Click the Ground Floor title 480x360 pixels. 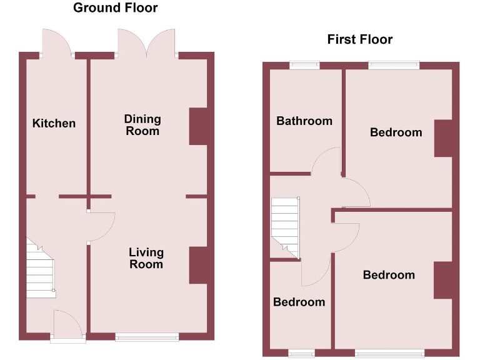(116, 8)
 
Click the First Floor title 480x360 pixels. (359, 39)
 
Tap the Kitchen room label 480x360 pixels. (54, 123)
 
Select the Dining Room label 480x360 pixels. (142, 124)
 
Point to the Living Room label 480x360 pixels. (146, 258)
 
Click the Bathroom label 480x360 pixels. (304, 121)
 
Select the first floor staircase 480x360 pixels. (286, 226)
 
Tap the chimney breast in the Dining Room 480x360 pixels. (197, 127)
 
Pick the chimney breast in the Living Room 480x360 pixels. (197, 266)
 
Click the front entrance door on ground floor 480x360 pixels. (67, 326)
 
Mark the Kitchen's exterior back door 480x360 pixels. (57, 44)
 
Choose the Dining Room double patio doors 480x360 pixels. (147, 42)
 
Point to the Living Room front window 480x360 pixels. (147, 337)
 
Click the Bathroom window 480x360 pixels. (304, 64)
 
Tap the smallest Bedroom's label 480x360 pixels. (299, 302)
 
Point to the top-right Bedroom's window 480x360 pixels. (394, 64)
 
